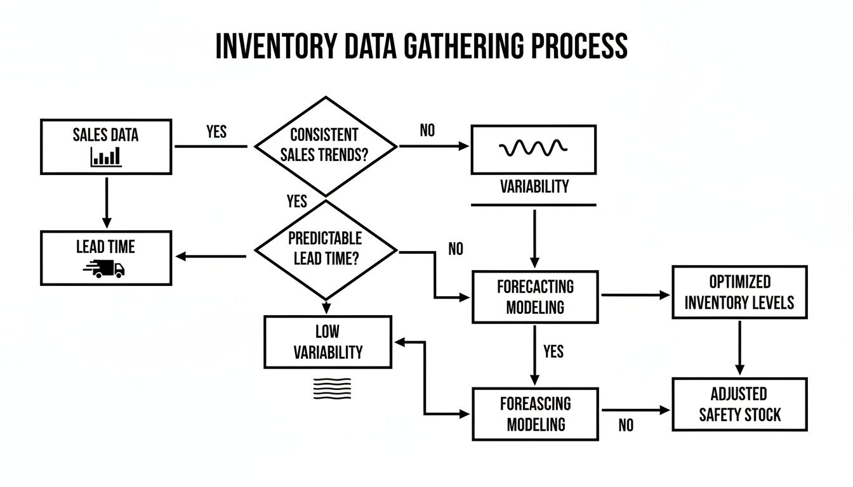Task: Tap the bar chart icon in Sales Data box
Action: (105, 156)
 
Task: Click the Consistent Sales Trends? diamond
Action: (326, 146)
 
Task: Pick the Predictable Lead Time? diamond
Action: (326, 249)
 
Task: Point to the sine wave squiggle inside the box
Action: (533, 148)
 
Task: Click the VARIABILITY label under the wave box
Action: (534, 187)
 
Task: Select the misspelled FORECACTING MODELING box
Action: (535, 297)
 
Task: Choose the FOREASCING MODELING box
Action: (535, 414)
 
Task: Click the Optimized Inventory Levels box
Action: (739, 292)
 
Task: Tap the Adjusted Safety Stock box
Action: (739, 405)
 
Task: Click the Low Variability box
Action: (327, 342)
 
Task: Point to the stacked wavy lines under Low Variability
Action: (332, 388)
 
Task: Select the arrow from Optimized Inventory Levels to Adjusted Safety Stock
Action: (739, 347)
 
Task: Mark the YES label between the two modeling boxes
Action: (553, 351)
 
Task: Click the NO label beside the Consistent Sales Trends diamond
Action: (428, 131)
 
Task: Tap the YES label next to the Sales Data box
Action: (216, 131)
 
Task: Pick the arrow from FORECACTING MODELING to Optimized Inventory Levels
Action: (635, 295)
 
